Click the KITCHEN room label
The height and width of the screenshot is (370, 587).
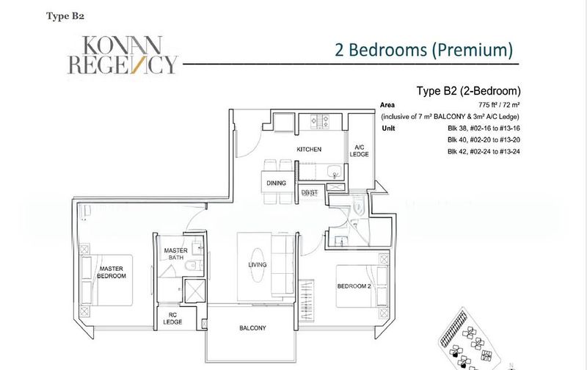pyautogui.click(x=309, y=149)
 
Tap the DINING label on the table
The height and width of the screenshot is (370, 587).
pyautogui.click(x=277, y=183)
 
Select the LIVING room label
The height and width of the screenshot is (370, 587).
pyautogui.click(x=258, y=265)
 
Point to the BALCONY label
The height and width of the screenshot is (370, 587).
pyautogui.click(x=252, y=328)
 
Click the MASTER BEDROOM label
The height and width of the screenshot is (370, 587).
pyautogui.click(x=112, y=272)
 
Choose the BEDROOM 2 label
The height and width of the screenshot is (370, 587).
pyautogui.click(x=354, y=286)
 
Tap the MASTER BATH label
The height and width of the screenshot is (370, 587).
pyautogui.click(x=176, y=254)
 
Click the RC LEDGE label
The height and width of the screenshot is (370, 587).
pyautogui.click(x=172, y=319)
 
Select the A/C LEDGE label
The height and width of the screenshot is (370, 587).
pyautogui.click(x=360, y=150)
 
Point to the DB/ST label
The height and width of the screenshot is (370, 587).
pyautogui.click(x=310, y=192)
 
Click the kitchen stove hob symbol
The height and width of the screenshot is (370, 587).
pyautogui.click(x=320, y=121)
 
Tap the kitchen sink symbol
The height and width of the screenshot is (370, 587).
pyautogui.click(x=335, y=172)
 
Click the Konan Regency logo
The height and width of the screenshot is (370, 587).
pyautogui.click(x=123, y=55)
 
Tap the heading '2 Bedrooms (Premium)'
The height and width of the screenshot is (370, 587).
pyautogui.click(x=423, y=50)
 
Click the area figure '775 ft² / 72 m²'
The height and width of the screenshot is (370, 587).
pyautogui.click(x=499, y=105)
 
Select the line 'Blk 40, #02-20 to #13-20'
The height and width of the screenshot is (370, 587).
pyautogui.click(x=484, y=139)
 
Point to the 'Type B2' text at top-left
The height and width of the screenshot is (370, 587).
pyautogui.click(x=65, y=16)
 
